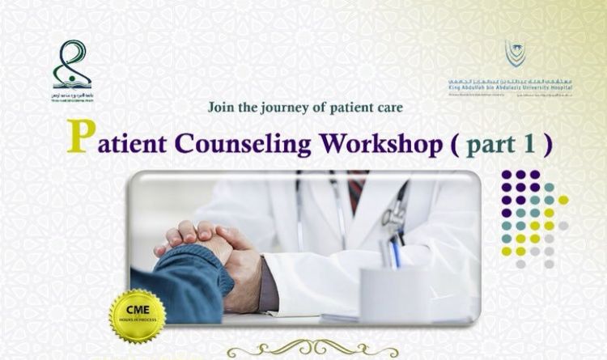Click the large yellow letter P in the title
click(x=79, y=138)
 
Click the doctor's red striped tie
click(x=357, y=191)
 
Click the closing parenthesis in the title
click(x=548, y=144)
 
